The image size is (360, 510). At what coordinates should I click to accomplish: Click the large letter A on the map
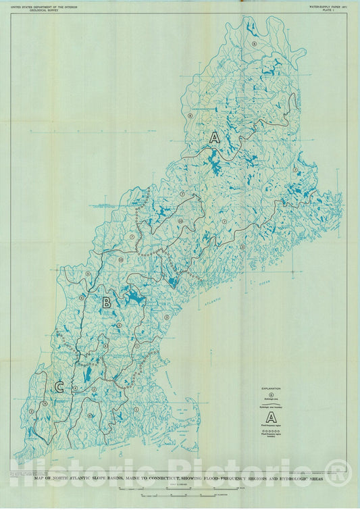pos(215,137)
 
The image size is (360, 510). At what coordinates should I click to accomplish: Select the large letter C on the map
pos(59,386)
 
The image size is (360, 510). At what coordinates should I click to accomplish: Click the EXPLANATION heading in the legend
pos(272,388)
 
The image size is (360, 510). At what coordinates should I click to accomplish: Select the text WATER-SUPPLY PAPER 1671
pos(325,5)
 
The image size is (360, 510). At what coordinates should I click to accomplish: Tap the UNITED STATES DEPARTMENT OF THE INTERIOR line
pos(44,5)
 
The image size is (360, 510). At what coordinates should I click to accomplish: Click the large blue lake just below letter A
pos(215,162)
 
